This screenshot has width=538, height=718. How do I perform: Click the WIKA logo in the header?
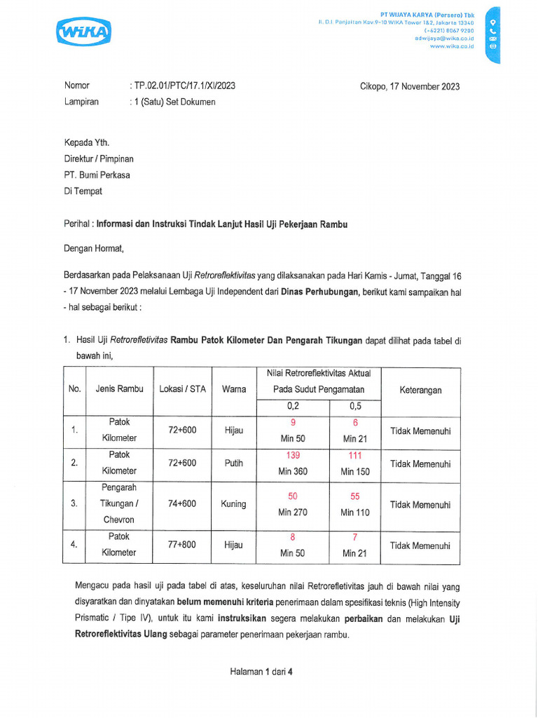coord(83,32)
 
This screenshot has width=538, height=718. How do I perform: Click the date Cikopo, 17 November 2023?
coord(410,86)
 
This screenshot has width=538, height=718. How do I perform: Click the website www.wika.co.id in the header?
coord(452,46)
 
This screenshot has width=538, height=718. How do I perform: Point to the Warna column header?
coord(234,389)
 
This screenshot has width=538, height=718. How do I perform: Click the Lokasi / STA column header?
coord(183,389)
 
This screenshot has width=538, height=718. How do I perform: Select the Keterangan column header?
coord(420,390)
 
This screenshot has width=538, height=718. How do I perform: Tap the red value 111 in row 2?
coord(355,456)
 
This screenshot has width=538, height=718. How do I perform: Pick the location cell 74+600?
coord(182,504)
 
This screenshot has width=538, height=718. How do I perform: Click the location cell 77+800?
coord(182,544)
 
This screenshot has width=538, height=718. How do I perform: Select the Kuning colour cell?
coord(234,504)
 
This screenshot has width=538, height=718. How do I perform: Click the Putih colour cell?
coord(234,463)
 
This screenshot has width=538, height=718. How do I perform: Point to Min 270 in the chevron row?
coord(293,513)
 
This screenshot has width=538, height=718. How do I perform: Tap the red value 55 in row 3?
coord(355,496)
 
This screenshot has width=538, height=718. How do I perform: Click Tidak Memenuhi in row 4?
coord(420,546)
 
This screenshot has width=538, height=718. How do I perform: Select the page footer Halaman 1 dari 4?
coord(261,671)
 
